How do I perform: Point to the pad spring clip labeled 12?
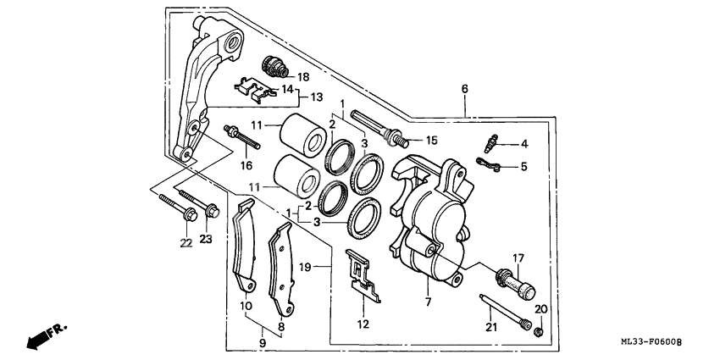pyautogui.click(x=363, y=276)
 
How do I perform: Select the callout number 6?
pyautogui.click(x=465, y=89)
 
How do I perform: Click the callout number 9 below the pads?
pyautogui.click(x=261, y=343)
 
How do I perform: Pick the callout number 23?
pyautogui.click(x=206, y=240)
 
